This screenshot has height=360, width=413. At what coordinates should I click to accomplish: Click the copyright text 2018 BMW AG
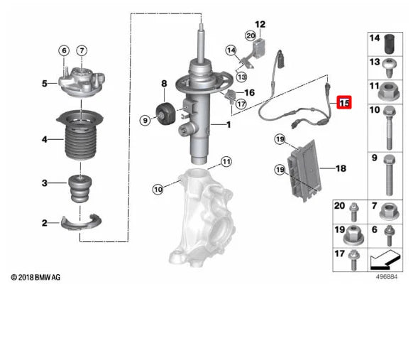[35, 276]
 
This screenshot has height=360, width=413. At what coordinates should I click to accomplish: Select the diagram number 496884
[386, 278]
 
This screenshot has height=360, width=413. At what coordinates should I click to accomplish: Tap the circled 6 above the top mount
[63, 50]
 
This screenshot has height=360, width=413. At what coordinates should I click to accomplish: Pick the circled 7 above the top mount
[82, 50]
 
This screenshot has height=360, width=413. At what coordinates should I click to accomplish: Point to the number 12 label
[260, 24]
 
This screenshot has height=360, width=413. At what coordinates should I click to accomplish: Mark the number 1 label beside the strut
[228, 125]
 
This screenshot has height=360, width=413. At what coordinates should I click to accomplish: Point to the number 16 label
[249, 93]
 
